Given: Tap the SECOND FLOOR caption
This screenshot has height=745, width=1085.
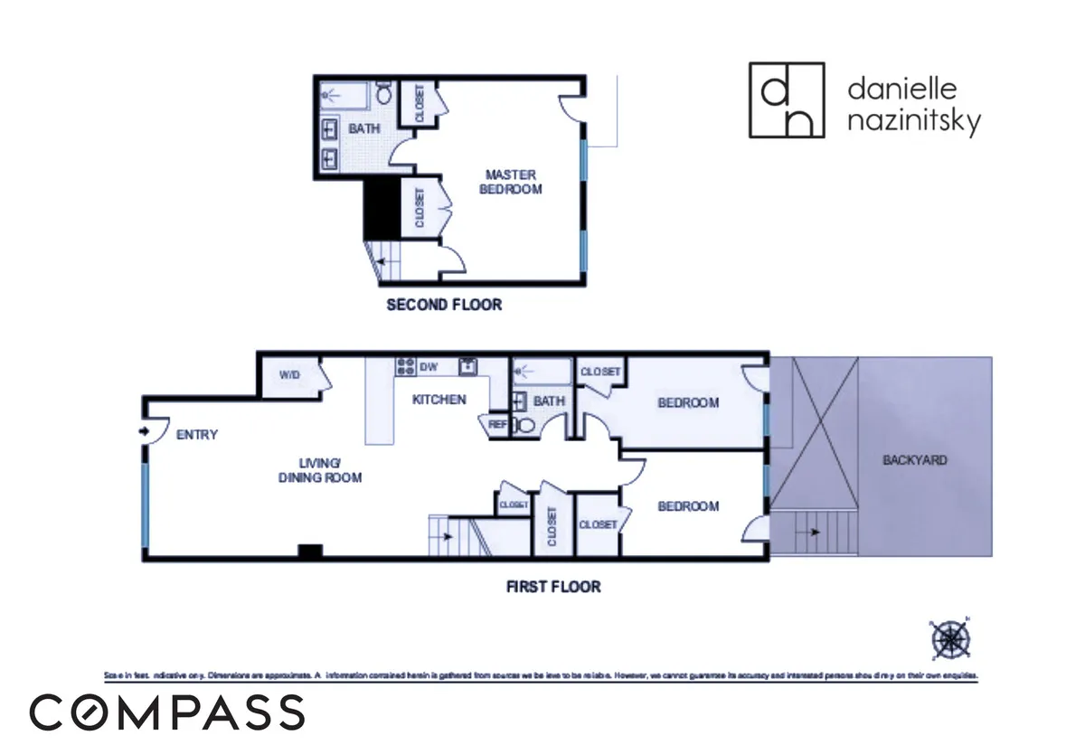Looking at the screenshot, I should (443, 305).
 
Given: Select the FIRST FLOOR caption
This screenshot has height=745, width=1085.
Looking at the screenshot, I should (552, 587).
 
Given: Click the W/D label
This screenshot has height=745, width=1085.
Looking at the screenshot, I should (289, 374).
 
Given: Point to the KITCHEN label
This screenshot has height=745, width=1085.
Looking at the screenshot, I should (439, 400).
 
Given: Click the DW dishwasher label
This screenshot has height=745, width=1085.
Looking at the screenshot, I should (429, 367).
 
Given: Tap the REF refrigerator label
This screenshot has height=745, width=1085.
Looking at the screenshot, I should (497, 423).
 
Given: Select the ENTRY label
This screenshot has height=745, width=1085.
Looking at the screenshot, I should (197, 435).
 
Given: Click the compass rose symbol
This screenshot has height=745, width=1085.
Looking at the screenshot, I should (949, 638).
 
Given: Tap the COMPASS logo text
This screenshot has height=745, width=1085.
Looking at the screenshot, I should (166, 712).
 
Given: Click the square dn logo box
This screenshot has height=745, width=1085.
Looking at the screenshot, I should (787, 100).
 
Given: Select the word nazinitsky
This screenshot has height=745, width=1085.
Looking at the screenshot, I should (913, 120).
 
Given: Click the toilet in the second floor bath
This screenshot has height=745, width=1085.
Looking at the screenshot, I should (384, 92).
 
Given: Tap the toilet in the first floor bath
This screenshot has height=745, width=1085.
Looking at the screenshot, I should (524, 424).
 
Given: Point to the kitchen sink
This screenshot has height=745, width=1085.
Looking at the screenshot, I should (467, 367).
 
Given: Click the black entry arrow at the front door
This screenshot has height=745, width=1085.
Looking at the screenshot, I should (143, 430).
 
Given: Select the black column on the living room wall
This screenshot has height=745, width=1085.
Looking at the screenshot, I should (310, 551).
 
